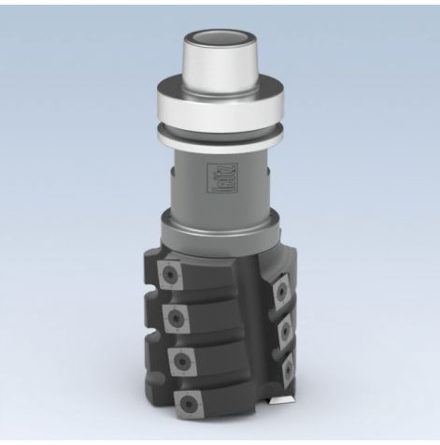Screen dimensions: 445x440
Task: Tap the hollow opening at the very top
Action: pos(220,41)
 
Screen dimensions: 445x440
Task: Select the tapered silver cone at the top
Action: pos(220,71)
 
